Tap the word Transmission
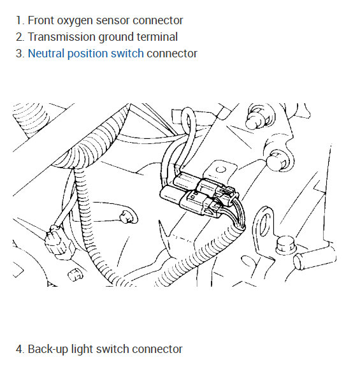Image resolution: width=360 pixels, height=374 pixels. point(62,37)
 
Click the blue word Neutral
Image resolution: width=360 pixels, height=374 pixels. point(46,53)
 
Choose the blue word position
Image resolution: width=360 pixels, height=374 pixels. point(87,54)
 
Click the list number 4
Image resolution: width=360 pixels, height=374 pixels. point(20,349)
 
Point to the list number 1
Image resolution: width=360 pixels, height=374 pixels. point(20,20)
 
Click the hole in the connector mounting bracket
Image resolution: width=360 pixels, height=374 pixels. point(220,170)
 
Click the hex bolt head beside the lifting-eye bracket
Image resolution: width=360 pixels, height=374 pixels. point(286,245)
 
